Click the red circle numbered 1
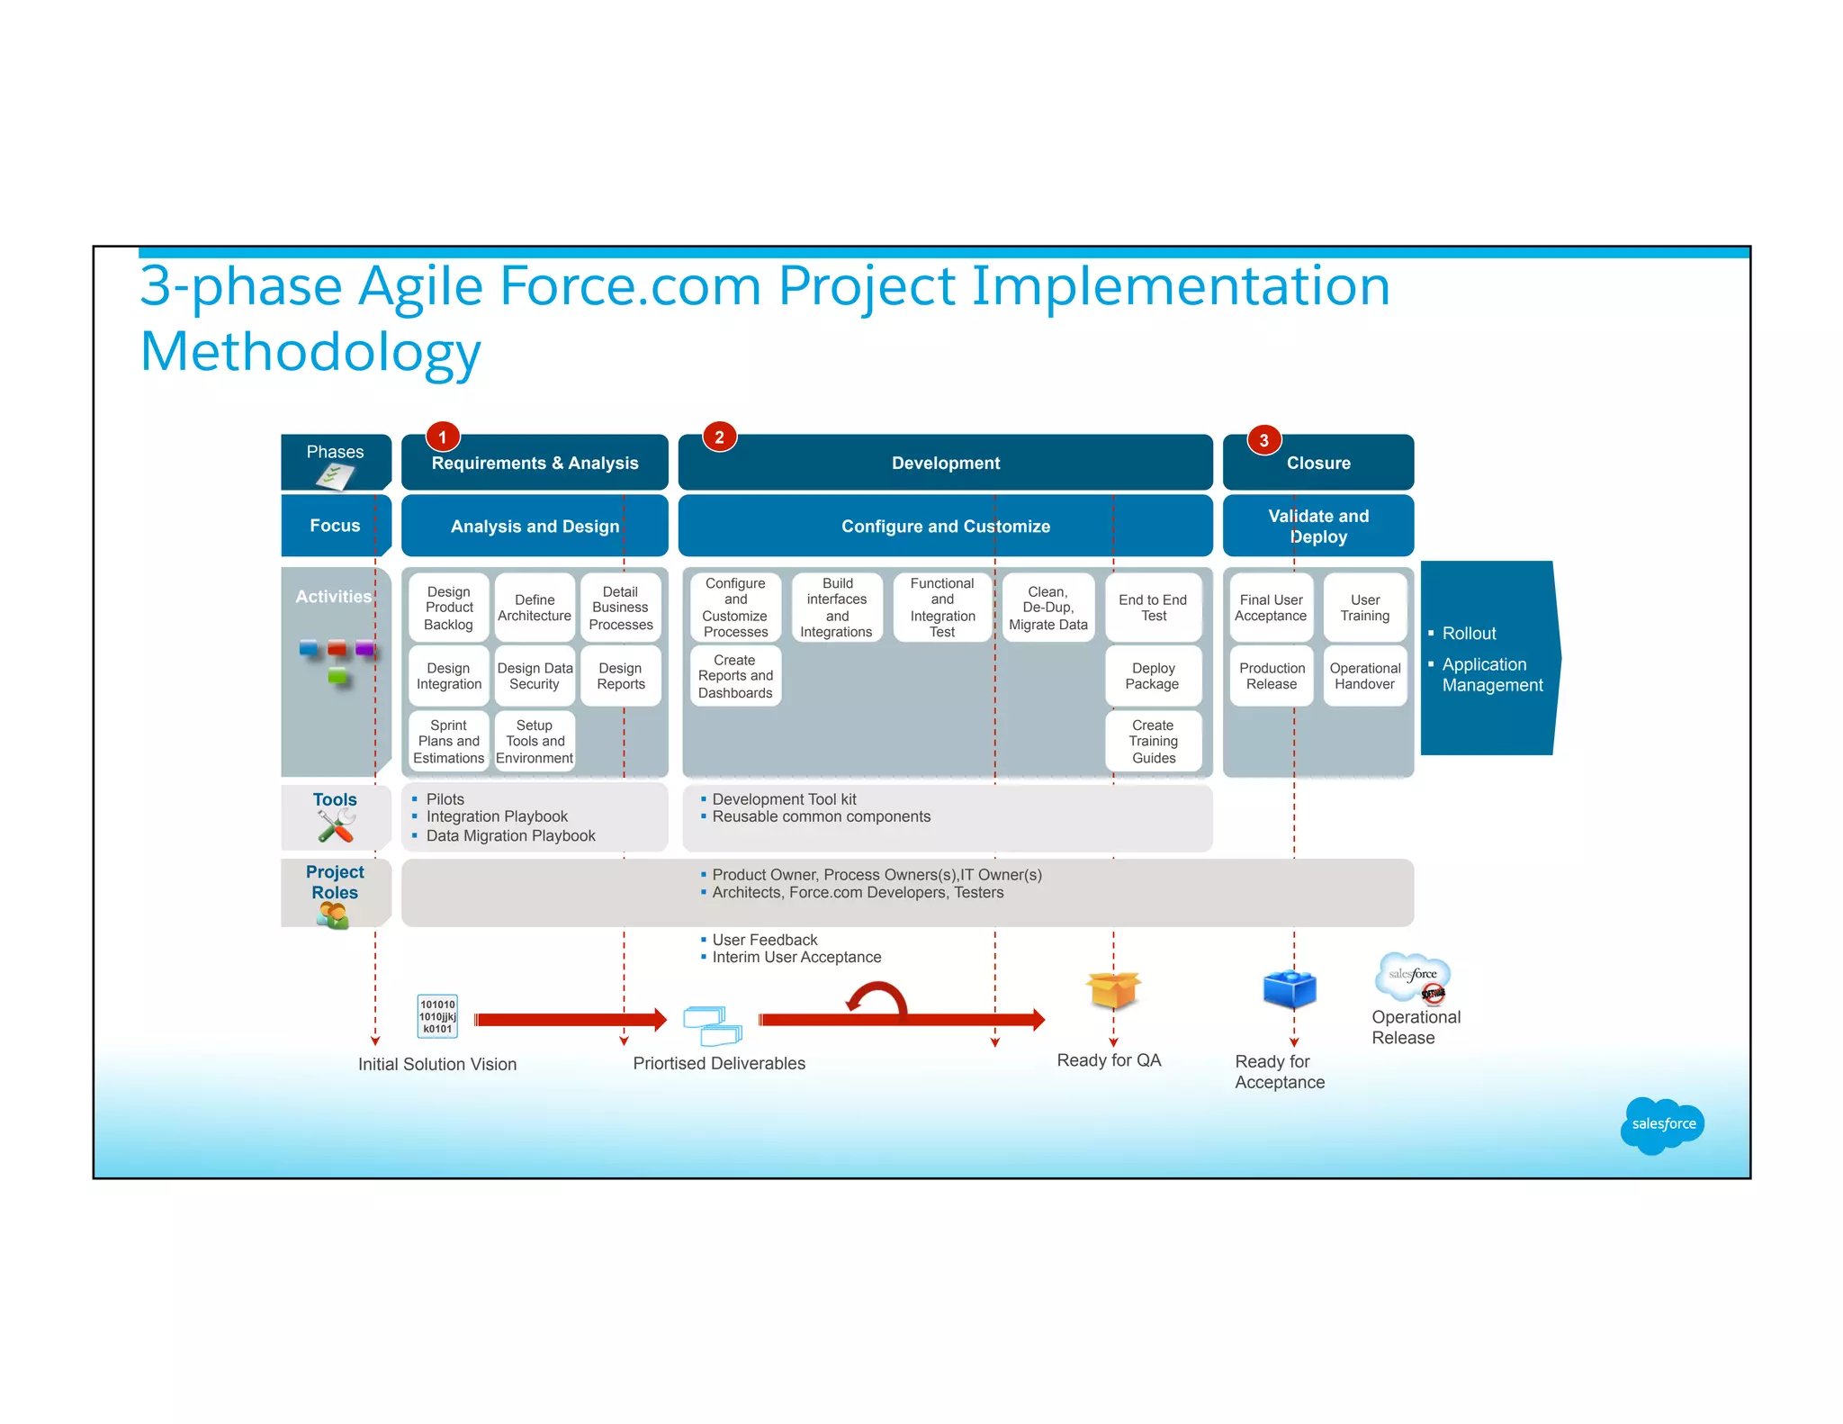pos(442,437)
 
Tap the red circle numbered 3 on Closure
pos(1263,439)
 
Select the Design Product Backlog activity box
pos(448,608)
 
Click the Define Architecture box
pos(535,608)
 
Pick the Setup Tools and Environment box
pos(535,741)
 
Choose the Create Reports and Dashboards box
pos(735,676)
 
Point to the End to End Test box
pos(1153,608)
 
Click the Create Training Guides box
pos(1153,741)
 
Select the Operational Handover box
pos(1364,676)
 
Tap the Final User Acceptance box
pos(1271,608)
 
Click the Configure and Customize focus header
pos(945,526)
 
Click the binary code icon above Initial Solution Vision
pos(437,1016)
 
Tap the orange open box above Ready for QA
pos(1113,990)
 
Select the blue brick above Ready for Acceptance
pos(1290,989)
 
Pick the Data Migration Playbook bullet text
pos(510,836)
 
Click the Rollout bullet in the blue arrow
pos(1469,634)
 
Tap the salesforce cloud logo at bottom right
pos(1662,1124)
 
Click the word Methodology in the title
pos(310,352)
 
